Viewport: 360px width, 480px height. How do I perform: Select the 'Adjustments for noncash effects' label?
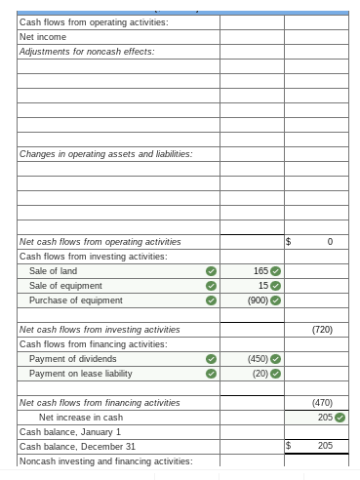(x=73, y=51)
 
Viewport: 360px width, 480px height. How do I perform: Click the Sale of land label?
(x=53, y=270)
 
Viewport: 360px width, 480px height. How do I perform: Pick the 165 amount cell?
(x=260, y=270)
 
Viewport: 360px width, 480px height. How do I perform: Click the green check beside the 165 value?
(x=275, y=270)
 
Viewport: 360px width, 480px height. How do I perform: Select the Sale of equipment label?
(x=65, y=285)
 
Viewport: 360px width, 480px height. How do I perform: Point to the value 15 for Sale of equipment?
(x=262, y=285)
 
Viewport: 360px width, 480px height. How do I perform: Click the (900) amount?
(x=258, y=300)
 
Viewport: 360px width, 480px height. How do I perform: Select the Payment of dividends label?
(x=73, y=359)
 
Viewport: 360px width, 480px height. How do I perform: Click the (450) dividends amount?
(x=258, y=359)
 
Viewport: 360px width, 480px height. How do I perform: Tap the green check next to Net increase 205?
(x=340, y=418)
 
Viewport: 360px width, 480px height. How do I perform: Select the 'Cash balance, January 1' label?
(x=70, y=431)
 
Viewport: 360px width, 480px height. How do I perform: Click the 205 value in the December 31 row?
(x=325, y=446)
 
